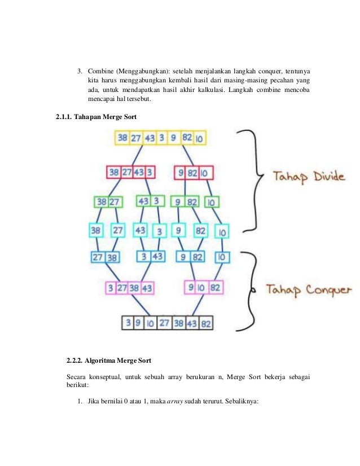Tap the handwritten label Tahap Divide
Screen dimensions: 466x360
309,177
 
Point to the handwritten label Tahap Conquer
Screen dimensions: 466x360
309,290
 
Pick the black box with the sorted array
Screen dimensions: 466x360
168,323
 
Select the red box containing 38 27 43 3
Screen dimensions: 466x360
131,172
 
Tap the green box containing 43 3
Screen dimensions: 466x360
150,201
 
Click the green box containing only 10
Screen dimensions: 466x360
212,201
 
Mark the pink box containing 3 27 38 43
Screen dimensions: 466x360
130,288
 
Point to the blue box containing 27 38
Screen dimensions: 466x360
106,257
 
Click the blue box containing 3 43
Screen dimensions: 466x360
150,257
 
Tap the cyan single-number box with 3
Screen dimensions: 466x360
160,231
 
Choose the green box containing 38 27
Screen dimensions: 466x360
109,201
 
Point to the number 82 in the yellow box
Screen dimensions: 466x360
187,138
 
